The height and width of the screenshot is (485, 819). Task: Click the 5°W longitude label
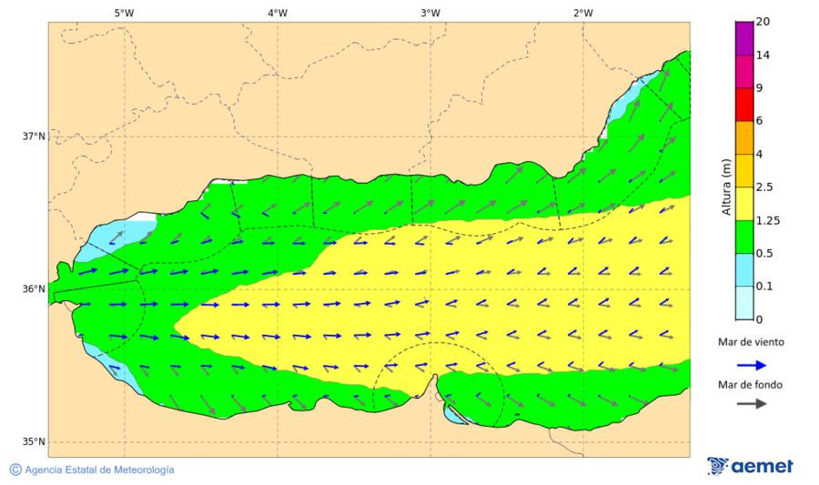click(x=124, y=13)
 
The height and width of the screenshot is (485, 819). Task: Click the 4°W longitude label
click(x=278, y=13)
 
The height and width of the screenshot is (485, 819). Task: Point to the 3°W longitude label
click(x=430, y=13)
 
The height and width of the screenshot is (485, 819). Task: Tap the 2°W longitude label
click(x=583, y=13)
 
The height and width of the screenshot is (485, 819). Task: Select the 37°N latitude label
click(x=34, y=136)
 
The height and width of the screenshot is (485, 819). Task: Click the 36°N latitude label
click(x=34, y=289)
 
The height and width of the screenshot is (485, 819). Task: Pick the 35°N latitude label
click(x=34, y=442)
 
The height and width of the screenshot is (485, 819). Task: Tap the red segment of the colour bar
click(x=744, y=105)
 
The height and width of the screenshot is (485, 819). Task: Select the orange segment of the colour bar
click(x=744, y=137)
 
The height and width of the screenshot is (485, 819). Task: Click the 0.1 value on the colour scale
click(x=764, y=287)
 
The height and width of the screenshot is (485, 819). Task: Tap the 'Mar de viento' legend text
click(x=751, y=342)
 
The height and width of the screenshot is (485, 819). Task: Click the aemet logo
click(x=750, y=466)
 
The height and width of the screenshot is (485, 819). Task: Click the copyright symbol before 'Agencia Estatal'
click(x=15, y=470)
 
